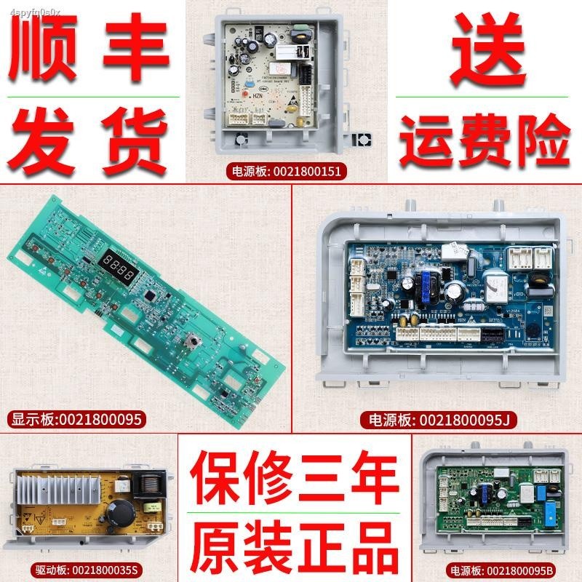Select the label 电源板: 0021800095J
tap(424, 418)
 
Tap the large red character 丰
tap(132, 52)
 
